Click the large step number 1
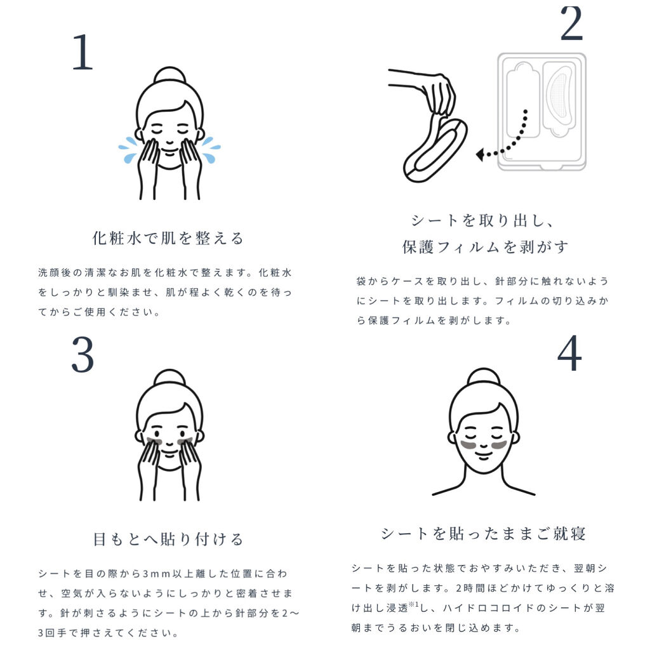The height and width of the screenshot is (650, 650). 83,52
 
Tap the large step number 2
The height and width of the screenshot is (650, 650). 571,23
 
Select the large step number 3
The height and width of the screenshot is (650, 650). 83,355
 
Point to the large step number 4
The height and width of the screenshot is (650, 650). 569,353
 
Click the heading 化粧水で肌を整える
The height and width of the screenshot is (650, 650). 168,239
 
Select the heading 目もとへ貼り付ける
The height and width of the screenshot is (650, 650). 168,539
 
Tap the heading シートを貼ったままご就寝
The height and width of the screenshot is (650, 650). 483,533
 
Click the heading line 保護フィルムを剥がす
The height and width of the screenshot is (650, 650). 485,247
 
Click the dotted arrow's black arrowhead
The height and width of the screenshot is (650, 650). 480,155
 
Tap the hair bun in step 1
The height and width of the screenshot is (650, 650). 169,76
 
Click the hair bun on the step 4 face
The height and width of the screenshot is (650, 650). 483,377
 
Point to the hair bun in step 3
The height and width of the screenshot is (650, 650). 169,378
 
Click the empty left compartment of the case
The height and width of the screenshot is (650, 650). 522,100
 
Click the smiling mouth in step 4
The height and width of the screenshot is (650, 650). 483,456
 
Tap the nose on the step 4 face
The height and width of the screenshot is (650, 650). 483,446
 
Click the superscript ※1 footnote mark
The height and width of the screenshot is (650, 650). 414,605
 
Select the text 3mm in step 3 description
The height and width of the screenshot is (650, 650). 156,574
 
